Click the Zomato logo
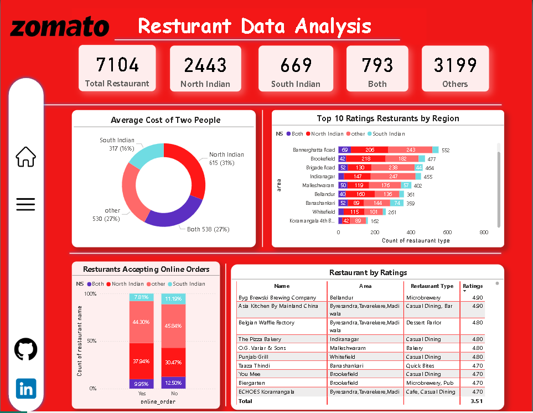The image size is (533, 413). coord(60,27)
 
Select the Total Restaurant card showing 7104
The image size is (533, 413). coord(117,69)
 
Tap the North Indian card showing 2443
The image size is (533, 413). coord(205,69)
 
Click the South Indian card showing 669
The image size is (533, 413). coord(296,69)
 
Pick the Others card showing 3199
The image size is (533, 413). coord(455,69)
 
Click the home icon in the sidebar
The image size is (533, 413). coord(26,157)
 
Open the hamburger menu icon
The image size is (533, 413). coord(26,204)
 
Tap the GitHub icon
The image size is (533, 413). coord(26,350)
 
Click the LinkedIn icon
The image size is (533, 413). coord(26,389)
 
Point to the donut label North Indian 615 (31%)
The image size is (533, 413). coord(226,158)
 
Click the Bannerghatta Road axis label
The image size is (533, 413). coord(314,150)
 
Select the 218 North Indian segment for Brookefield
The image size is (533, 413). coord(366,159)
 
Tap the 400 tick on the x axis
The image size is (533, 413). coord(411,233)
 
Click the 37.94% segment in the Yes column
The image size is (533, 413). coord(141,362)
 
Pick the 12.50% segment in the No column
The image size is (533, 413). coord(173,383)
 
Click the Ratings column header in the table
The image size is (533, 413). coord(473,286)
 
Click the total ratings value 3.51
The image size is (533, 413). coord(476,401)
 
